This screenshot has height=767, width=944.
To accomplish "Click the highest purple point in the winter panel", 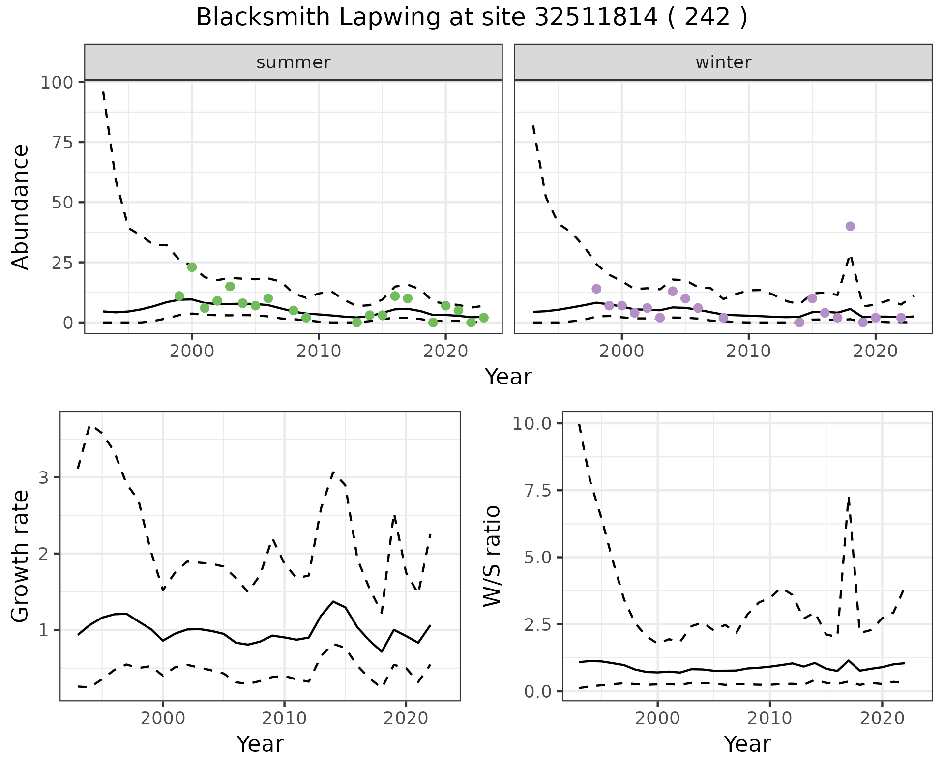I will click(x=850, y=226).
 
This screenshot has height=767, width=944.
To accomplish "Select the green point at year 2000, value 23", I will click(x=192, y=267).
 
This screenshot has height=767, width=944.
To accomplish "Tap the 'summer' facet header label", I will click(x=294, y=62).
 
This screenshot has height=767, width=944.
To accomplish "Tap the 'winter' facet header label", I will click(x=723, y=62).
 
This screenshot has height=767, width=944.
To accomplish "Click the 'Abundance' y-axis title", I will click(x=21, y=207).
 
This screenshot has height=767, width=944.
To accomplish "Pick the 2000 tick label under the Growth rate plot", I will click(x=163, y=718).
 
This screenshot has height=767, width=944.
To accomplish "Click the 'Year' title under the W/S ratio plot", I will click(x=747, y=744).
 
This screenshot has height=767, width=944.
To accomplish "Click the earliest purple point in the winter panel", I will click(x=596, y=289).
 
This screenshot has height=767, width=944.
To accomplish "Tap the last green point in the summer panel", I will click(x=483, y=318).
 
